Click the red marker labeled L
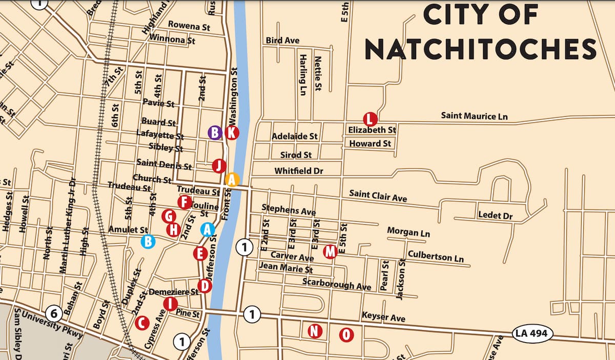[x=370, y=119]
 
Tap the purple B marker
[x=215, y=133]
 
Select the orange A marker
[x=232, y=179]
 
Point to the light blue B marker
[x=148, y=241]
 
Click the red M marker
[x=331, y=251]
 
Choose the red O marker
[x=347, y=335]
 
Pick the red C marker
[x=142, y=323]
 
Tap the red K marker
[x=232, y=133]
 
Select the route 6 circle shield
[x=54, y=312]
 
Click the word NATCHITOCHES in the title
[x=480, y=49]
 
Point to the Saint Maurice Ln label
[x=474, y=116]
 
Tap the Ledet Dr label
[x=495, y=216]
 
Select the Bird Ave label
[x=282, y=40]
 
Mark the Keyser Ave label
[x=383, y=317]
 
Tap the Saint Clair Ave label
[x=378, y=196]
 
